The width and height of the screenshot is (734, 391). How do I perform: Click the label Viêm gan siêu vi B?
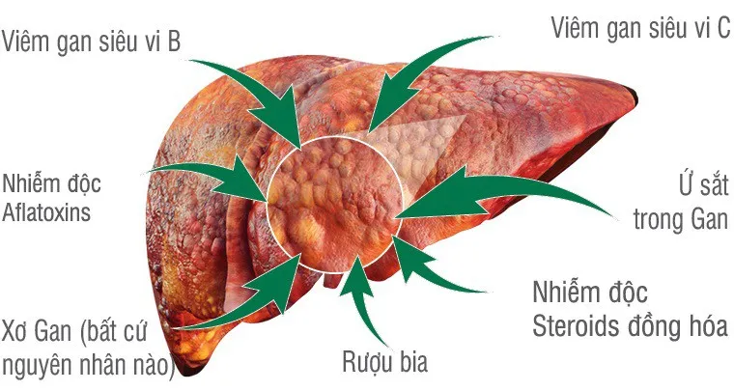coord(92,42)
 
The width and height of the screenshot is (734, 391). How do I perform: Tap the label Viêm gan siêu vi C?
coord(641,27)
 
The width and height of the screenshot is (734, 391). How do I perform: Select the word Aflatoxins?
coord(46,212)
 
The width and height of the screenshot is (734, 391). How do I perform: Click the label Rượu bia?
coord(384,361)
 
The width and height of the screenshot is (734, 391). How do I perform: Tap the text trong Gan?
coord(681,219)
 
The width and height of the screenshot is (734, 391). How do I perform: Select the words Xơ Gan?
coord(37,331)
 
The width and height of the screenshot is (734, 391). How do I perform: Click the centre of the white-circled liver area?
coord(335,205)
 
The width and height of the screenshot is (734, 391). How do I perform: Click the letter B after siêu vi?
coord(174,42)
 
